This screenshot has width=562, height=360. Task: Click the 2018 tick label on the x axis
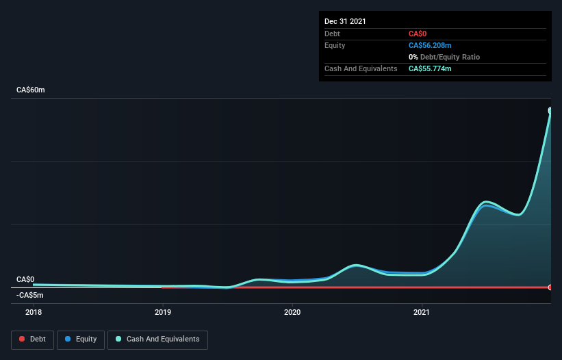click(x=33, y=312)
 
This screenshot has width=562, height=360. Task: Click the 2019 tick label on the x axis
click(x=162, y=312)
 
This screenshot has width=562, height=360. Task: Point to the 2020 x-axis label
click(x=292, y=312)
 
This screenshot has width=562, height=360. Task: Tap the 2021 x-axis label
click(x=422, y=312)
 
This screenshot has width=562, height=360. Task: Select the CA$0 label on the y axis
click(x=25, y=279)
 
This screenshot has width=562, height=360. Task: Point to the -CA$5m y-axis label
click(x=30, y=295)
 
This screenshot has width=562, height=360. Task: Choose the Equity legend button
click(x=81, y=339)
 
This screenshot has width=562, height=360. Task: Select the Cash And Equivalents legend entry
click(x=157, y=339)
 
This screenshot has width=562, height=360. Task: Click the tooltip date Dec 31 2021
click(x=345, y=21)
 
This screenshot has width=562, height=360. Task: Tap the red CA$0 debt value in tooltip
click(x=418, y=34)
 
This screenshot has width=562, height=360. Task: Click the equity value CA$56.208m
click(x=430, y=45)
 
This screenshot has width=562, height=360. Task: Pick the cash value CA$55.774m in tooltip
click(x=430, y=68)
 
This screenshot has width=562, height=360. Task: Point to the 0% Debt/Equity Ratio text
click(x=443, y=57)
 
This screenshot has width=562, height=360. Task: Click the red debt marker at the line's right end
click(x=550, y=287)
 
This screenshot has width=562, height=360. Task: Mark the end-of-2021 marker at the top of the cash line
click(x=550, y=110)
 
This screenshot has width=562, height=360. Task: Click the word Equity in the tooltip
click(x=335, y=45)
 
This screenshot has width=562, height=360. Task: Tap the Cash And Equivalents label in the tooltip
click(x=361, y=68)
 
